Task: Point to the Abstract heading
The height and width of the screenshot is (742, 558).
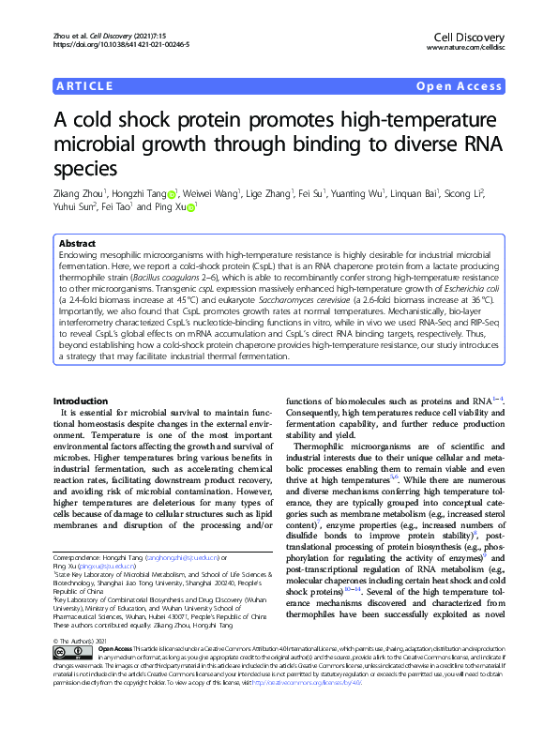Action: [x=78, y=240]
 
